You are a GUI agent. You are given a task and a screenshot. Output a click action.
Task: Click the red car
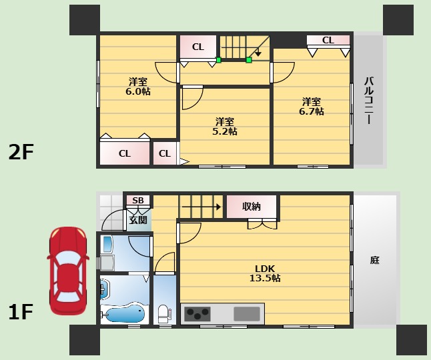click(x=68, y=271)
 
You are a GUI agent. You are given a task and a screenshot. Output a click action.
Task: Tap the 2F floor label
click(x=21, y=152)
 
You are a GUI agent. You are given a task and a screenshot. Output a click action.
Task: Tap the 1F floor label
click(x=21, y=312)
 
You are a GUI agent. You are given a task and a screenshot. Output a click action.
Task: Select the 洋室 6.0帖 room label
click(x=138, y=86)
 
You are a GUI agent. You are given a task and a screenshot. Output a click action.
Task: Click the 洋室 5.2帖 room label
click(x=225, y=126)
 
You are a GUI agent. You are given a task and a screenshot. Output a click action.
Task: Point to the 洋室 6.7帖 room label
click(x=312, y=106)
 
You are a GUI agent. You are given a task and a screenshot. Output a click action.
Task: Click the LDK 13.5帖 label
click(x=265, y=273)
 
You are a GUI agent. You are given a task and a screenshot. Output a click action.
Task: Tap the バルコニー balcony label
click(x=369, y=101)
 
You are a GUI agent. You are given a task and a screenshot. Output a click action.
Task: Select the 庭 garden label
click(x=375, y=260)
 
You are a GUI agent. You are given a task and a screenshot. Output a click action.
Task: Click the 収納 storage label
click(x=252, y=207)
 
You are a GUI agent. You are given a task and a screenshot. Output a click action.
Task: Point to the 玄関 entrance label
click(x=138, y=220)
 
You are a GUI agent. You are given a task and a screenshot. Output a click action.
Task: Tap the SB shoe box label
click(x=138, y=201)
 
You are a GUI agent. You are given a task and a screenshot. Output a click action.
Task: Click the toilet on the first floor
click(x=163, y=314)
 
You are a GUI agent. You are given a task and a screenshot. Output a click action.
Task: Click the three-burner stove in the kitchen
click(x=197, y=314)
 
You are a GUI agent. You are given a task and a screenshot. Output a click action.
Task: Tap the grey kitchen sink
click(x=247, y=314)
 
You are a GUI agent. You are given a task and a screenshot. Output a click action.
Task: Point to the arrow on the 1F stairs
click(x=201, y=207)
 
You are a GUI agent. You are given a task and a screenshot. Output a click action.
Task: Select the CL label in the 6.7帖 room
click(x=328, y=41)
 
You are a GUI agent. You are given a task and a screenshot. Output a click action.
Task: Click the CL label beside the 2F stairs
click(x=198, y=47)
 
